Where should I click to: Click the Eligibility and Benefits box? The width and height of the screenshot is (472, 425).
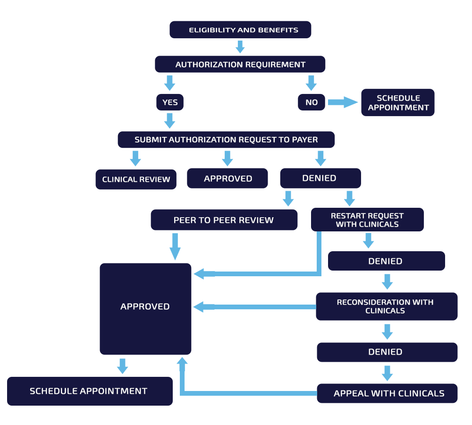[x=240, y=30]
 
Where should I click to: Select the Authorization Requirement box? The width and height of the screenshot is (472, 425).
[x=240, y=64]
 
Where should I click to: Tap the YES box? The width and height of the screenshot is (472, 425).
[x=170, y=102]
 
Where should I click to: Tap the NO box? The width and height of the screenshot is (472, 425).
[x=312, y=102]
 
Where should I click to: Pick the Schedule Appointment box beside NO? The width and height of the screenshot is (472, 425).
[x=398, y=102]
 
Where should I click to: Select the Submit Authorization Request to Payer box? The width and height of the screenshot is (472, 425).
[x=226, y=140]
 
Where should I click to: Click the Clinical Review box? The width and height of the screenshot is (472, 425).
[x=136, y=179]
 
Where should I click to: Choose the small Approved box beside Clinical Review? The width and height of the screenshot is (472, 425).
[x=228, y=178]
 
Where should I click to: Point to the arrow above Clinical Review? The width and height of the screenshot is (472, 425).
[x=135, y=158]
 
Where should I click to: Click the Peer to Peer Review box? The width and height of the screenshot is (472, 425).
[x=224, y=220]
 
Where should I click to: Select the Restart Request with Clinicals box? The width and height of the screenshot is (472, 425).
[x=367, y=220]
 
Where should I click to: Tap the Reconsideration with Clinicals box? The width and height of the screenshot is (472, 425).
[x=387, y=306]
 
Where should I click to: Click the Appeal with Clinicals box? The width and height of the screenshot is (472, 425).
[x=387, y=393]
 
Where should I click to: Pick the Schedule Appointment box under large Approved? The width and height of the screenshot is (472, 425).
[x=90, y=391]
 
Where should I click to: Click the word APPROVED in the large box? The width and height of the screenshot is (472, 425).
[x=145, y=306]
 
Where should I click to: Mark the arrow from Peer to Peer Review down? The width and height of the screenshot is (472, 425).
[x=175, y=246]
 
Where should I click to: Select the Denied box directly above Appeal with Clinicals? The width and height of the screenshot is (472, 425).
[x=387, y=352]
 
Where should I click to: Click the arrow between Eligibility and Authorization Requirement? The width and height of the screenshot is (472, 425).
[x=240, y=47]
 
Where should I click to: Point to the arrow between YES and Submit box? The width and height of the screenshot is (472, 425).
[x=170, y=121]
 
